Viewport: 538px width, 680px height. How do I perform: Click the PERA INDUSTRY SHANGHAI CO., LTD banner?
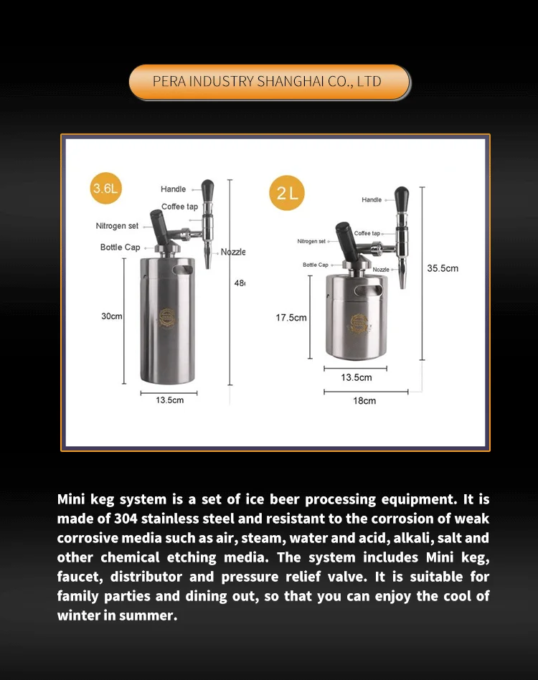click(x=268, y=82)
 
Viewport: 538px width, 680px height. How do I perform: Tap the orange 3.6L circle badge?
click(x=106, y=189)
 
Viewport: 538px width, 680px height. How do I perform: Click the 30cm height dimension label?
click(x=111, y=316)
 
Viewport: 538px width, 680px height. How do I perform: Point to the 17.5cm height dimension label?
click(x=291, y=318)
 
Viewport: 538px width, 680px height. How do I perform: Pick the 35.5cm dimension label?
click(x=443, y=268)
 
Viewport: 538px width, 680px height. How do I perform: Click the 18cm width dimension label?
click(x=364, y=401)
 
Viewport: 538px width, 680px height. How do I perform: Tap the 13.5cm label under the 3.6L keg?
click(x=170, y=400)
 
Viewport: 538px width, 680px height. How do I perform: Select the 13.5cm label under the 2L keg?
click(x=356, y=377)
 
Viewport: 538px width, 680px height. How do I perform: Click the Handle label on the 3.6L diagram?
click(x=173, y=189)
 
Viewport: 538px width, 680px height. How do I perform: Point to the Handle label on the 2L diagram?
click(x=372, y=200)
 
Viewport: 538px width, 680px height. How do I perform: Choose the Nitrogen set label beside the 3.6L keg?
click(x=117, y=226)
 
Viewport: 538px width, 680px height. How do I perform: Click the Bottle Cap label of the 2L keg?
click(x=315, y=265)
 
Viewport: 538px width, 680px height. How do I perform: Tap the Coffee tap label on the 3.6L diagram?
click(x=179, y=207)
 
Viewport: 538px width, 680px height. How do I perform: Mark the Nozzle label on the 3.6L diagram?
click(x=232, y=252)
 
